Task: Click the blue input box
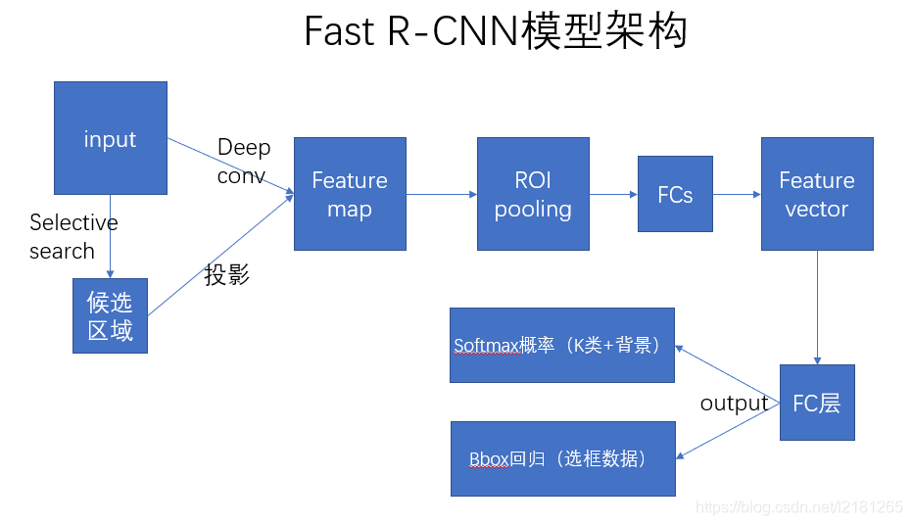point(110,137)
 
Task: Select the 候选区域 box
point(110,315)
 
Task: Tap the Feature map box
point(350,194)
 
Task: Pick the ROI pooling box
point(533,194)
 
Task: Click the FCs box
point(675,194)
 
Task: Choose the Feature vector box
point(817,194)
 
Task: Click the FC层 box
point(817,403)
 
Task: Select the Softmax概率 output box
point(562,345)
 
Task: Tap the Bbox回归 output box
point(563,458)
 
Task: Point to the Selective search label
point(73,237)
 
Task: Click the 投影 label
point(227,275)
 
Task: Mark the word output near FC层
point(734,404)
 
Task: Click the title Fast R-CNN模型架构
point(496,31)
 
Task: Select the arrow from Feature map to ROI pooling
point(441,194)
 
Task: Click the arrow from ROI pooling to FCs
point(613,194)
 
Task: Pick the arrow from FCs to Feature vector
point(737,194)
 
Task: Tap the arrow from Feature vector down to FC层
point(817,307)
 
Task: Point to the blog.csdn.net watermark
point(798,507)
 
